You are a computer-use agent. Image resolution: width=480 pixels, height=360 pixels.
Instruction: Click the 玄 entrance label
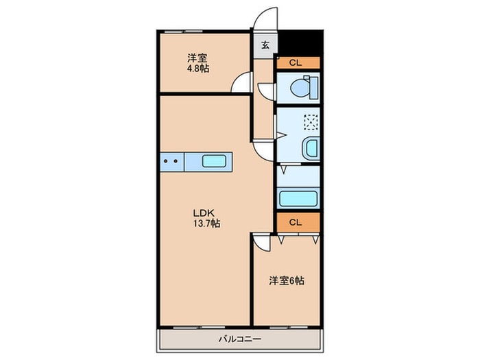tap(265, 46)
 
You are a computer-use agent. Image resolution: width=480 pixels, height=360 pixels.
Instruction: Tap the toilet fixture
tap(302, 87)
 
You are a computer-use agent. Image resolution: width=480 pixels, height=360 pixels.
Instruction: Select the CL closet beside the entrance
tap(298, 62)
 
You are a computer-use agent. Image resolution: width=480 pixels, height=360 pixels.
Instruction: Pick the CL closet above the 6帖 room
tap(298, 222)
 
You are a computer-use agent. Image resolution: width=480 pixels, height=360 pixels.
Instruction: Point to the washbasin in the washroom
tap(311, 147)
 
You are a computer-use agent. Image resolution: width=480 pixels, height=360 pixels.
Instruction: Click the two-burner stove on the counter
tap(172, 163)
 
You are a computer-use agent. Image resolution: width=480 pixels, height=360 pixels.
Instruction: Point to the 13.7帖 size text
tap(205, 224)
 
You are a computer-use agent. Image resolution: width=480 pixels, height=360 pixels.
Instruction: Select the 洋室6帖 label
tap(286, 280)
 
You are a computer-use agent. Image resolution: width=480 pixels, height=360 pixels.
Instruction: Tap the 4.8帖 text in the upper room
tap(198, 69)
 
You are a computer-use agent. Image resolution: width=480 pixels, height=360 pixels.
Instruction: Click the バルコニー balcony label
tap(239, 339)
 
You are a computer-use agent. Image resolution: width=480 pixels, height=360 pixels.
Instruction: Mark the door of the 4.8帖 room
tap(241, 83)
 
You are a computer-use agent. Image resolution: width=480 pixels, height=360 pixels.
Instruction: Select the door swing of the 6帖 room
tap(261, 241)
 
